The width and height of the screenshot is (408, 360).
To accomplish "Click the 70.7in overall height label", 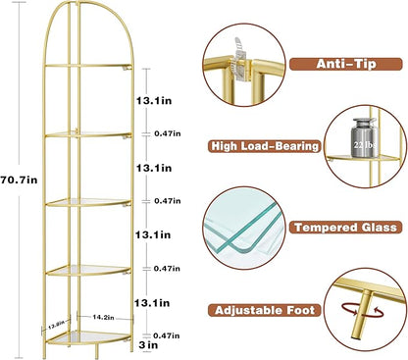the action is click(21, 179).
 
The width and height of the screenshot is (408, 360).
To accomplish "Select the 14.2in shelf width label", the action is click(103, 316).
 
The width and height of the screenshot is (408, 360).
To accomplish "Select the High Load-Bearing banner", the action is click(264, 146).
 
